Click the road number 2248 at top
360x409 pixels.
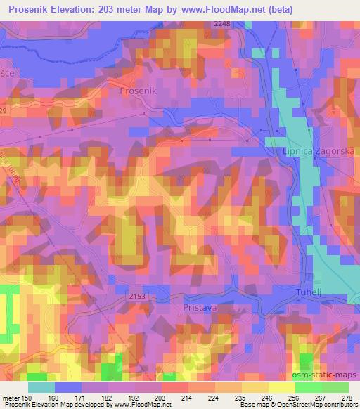point(222,24)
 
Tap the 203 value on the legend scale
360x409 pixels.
point(161,398)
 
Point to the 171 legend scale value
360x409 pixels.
point(82,398)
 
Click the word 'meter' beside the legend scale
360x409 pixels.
point(11,398)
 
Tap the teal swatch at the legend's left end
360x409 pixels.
point(41,387)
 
